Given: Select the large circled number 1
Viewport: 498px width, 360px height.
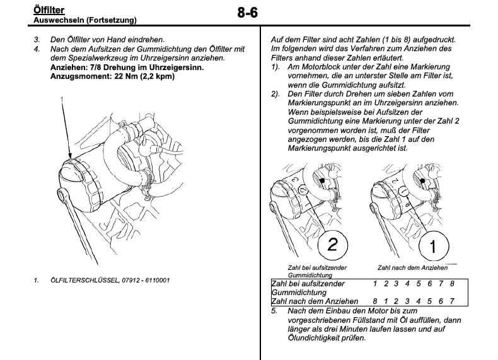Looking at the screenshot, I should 432,247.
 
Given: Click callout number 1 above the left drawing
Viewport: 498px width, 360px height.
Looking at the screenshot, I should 62,98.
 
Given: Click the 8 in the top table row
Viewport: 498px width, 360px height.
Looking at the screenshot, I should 470,284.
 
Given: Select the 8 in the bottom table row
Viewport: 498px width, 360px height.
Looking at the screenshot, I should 375,301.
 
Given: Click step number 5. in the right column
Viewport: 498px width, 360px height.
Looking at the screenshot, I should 274,311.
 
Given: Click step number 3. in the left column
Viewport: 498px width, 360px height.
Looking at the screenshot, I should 37,39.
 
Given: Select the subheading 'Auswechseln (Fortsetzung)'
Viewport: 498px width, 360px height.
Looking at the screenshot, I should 84,20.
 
